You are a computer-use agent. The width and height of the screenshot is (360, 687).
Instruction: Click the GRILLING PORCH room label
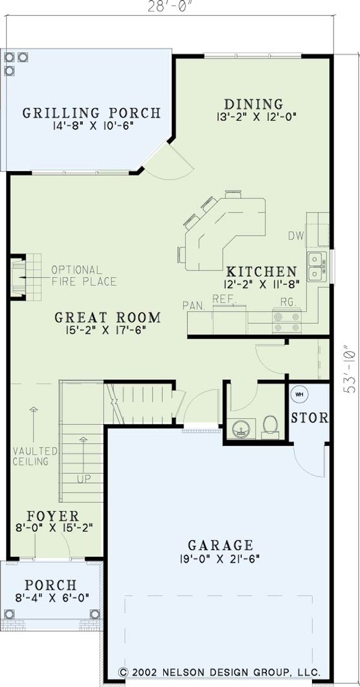click(x=92, y=112)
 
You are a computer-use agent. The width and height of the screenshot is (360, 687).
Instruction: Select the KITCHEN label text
click(x=261, y=271)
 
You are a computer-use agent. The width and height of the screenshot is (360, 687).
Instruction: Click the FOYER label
click(x=53, y=516)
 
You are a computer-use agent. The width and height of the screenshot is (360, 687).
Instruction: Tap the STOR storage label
click(x=310, y=418)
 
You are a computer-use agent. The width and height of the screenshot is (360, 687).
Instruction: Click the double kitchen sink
click(x=315, y=266)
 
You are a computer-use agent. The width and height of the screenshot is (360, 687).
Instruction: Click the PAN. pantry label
click(x=194, y=305)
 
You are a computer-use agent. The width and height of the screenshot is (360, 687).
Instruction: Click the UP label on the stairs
click(x=83, y=479)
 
